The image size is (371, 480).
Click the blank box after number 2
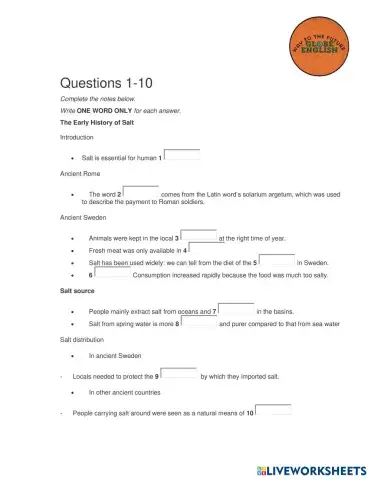(141, 191)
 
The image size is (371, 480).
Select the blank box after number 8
(198, 323)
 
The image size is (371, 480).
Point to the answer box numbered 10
(274, 410)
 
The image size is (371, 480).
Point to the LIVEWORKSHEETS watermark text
(311, 468)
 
